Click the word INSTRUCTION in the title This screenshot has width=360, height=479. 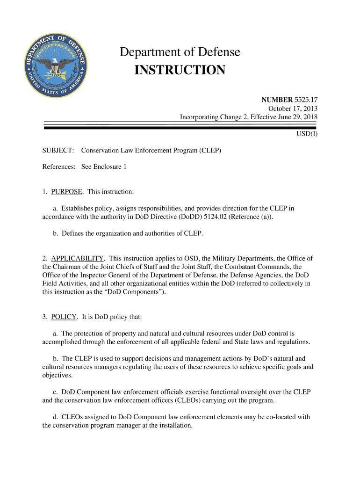[x=180, y=70]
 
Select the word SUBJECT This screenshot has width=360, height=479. [x=58, y=151]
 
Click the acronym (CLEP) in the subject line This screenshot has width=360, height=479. [x=210, y=151]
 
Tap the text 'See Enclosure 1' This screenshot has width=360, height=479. [x=104, y=167]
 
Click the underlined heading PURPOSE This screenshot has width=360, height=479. [x=67, y=192]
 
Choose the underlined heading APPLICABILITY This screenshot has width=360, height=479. [x=77, y=258]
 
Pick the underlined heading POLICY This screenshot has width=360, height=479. [x=64, y=317]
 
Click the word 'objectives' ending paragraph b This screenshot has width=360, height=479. [x=57, y=375]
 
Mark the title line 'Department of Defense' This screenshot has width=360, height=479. [x=180, y=52]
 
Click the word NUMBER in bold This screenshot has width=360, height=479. [x=277, y=100]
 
